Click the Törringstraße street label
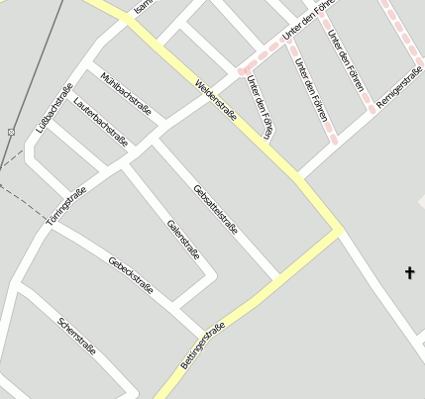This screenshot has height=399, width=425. coord(65,205)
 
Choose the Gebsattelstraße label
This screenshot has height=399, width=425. coord(216,208)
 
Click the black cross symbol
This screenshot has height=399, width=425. coord(410,271)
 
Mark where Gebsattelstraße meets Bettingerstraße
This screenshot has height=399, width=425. coord(278,277)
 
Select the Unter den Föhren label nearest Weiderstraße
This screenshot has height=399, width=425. coord(259,106)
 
